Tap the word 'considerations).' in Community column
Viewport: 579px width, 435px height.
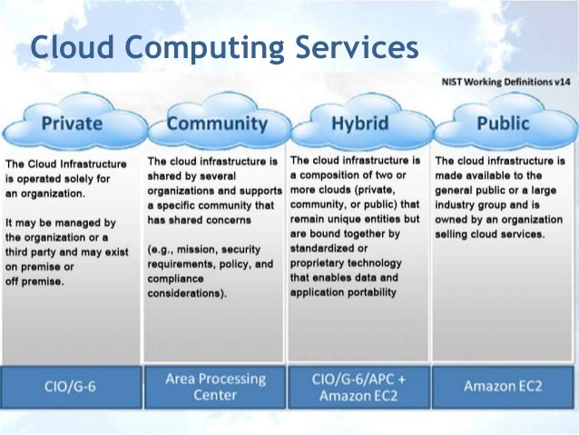click(x=187, y=294)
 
